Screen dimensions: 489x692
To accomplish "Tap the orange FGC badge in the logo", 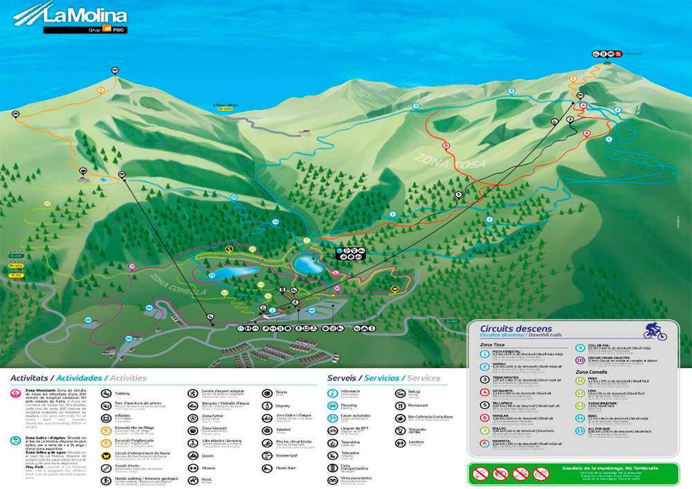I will tap(107, 28).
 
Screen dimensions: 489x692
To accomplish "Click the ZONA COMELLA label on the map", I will tap(177, 284).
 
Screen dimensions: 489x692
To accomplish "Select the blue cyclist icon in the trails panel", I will tap(654, 331).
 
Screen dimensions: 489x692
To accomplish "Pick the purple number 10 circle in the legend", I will tap(580, 360).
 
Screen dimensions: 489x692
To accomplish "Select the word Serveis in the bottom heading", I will tap(342, 378).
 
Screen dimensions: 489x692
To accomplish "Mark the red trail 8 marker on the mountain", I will tap(446, 145).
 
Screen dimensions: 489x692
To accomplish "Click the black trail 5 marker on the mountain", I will tap(458, 195).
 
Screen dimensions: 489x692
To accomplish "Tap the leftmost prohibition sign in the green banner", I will tap(482, 474).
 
